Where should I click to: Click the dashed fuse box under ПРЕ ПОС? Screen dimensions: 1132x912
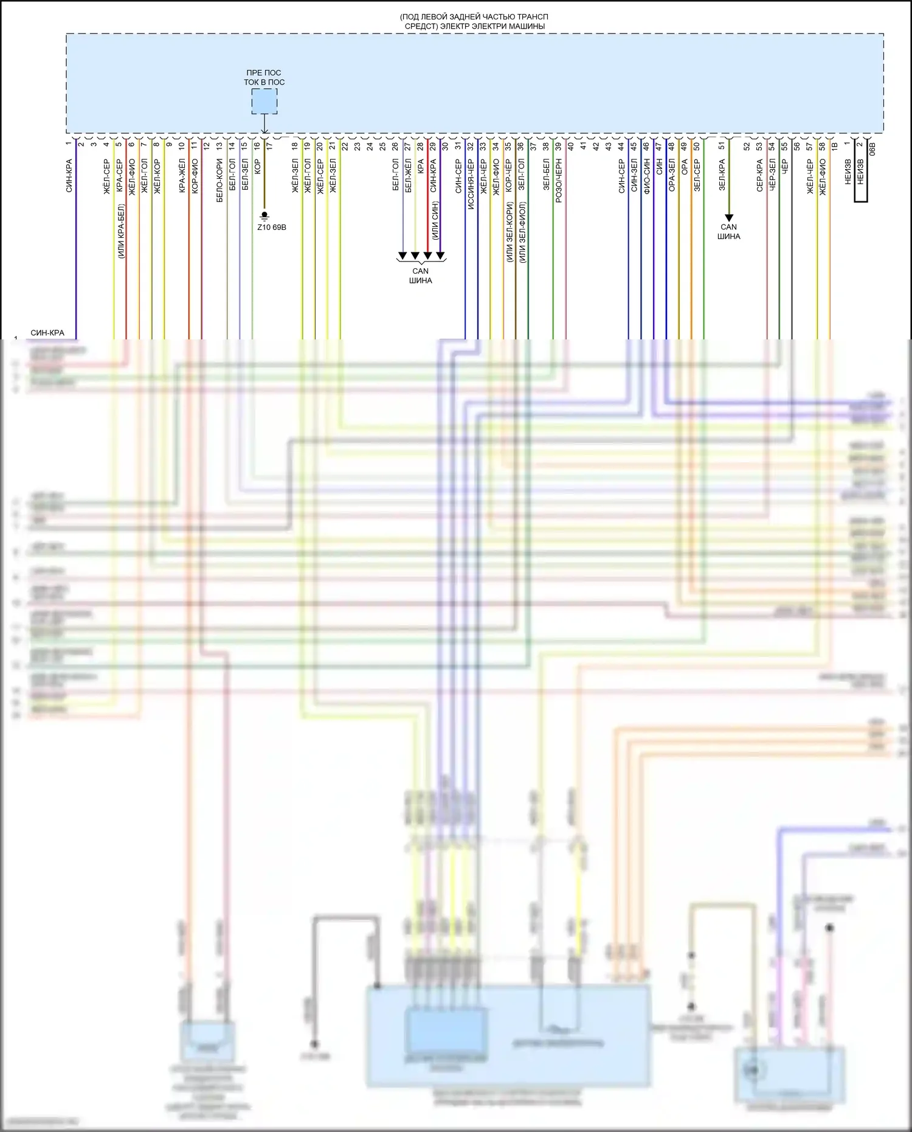click(264, 101)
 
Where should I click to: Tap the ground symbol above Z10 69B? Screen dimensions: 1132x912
click(264, 215)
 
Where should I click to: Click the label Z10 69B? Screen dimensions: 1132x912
click(271, 227)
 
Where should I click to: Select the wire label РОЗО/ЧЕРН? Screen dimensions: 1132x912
click(559, 181)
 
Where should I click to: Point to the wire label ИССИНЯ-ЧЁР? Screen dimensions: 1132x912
click(471, 185)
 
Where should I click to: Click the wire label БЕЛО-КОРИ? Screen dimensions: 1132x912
click(219, 181)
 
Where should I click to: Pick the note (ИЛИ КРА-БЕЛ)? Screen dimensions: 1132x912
click(121, 232)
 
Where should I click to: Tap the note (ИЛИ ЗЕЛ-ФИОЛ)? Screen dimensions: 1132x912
click(523, 232)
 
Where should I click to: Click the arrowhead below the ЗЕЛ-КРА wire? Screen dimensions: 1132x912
click(729, 217)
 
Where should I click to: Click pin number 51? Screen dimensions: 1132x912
click(722, 146)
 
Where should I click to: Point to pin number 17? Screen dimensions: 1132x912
click(269, 146)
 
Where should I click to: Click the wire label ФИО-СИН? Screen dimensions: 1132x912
click(647, 176)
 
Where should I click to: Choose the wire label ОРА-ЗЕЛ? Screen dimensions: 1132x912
click(672, 176)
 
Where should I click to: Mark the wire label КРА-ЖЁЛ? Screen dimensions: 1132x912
click(182, 176)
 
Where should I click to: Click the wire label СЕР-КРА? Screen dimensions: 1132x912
click(759, 176)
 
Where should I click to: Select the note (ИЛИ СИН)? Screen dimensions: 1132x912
click(435, 220)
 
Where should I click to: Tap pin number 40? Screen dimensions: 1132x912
click(570, 146)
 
